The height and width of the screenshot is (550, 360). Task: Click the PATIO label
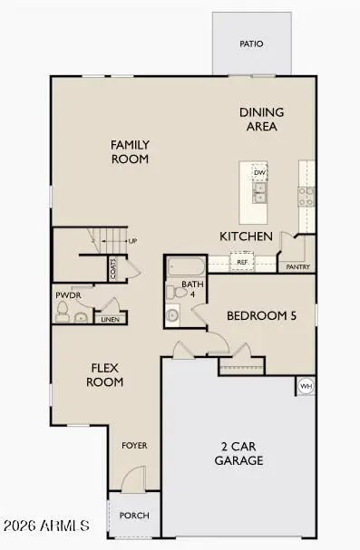tap(251, 43)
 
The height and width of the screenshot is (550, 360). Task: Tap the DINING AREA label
tap(261, 119)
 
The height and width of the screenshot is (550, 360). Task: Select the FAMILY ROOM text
tap(130, 151)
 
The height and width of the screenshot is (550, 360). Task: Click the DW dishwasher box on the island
tap(259, 172)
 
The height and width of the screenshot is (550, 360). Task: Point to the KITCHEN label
tap(246, 236)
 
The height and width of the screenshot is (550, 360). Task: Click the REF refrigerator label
tap(242, 263)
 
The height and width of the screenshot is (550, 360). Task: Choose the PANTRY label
tap(298, 267)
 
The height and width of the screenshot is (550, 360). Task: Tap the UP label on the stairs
tap(132, 241)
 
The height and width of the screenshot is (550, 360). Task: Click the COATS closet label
tap(113, 268)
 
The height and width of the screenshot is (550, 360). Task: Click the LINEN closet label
tap(108, 319)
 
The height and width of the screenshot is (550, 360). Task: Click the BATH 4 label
tap(192, 288)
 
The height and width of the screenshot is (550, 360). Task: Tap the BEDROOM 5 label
tap(261, 315)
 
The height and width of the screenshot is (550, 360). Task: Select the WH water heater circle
tap(306, 386)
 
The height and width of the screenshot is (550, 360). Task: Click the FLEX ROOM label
tap(105, 375)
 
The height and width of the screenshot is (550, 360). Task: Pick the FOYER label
tap(134, 446)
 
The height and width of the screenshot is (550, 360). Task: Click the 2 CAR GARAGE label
tap(240, 453)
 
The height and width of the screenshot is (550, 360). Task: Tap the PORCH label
tap(133, 516)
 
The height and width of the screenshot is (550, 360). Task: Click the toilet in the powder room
tap(63, 313)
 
